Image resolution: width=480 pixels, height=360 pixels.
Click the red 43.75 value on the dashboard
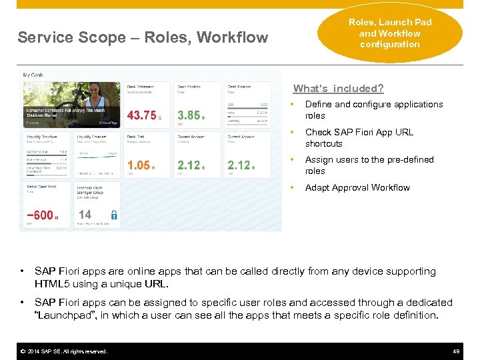click(x=141, y=115)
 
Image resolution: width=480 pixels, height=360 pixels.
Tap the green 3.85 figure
click(x=189, y=115)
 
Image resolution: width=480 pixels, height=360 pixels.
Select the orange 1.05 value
click(x=139, y=165)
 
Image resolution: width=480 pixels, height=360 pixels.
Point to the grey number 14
click(x=85, y=215)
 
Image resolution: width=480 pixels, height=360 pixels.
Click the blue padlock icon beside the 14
click(x=114, y=215)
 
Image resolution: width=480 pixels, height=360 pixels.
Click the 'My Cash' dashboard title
click(x=33, y=75)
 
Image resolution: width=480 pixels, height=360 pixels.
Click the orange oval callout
click(x=390, y=33)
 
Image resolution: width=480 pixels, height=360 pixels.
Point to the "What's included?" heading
click(x=338, y=89)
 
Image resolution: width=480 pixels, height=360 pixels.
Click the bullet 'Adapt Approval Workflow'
click(x=357, y=187)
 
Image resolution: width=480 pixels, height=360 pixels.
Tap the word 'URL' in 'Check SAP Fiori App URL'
click(x=403, y=132)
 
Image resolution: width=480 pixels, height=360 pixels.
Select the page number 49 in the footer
click(x=457, y=351)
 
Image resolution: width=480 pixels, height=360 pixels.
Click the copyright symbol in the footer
click(x=22, y=351)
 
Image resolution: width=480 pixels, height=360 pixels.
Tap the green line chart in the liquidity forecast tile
click(x=97, y=153)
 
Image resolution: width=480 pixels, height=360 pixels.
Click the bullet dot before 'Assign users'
click(x=291, y=160)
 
